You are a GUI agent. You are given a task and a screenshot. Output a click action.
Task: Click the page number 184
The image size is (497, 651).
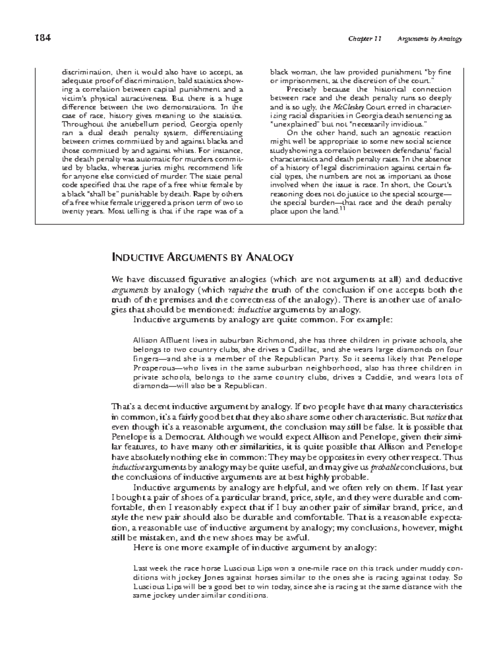[43, 39]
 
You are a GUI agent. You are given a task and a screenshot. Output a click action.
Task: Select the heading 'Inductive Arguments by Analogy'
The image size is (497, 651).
[203, 257]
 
